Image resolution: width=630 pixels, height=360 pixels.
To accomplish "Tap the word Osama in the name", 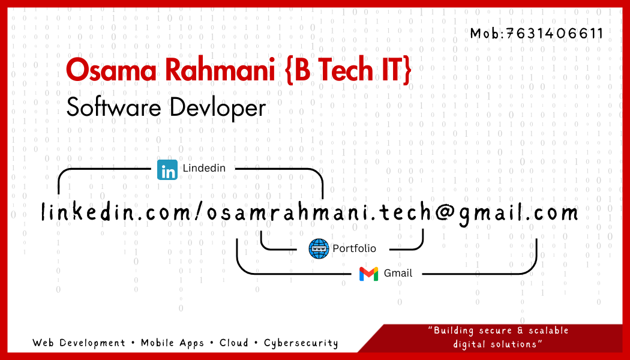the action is pyautogui.click(x=111, y=70).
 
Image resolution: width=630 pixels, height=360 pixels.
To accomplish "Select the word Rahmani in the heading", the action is pyautogui.click(x=220, y=69).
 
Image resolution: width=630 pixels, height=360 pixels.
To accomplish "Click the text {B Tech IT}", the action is pyautogui.click(x=348, y=70).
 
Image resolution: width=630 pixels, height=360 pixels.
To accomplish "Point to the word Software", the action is pyautogui.click(x=114, y=107).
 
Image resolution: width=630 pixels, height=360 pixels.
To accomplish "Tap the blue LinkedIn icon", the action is pyautogui.click(x=167, y=170).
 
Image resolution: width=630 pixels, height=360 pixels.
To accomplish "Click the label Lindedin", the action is pyautogui.click(x=204, y=168).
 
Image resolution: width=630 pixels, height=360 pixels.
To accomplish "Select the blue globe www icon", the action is pyautogui.click(x=319, y=249).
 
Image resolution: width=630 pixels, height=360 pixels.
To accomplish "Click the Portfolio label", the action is pyautogui.click(x=355, y=249).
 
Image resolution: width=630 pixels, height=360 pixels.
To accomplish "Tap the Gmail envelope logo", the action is pyautogui.click(x=368, y=274).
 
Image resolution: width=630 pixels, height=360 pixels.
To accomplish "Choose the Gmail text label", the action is pyautogui.click(x=398, y=273).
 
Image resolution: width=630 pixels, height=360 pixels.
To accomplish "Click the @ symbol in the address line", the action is pyautogui.click(x=445, y=212).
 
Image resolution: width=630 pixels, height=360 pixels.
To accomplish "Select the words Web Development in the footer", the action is pyautogui.click(x=79, y=343).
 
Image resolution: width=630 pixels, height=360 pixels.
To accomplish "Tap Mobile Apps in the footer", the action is pyautogui.click(x=172, y=343).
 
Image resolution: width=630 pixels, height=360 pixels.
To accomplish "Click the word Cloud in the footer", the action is pyautogui.click(x=234, y=343).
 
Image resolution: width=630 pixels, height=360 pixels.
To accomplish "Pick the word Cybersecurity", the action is pyautogui.click(x=301, y=343).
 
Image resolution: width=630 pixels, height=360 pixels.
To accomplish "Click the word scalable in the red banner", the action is pyautogui.click(x=548, y=331).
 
